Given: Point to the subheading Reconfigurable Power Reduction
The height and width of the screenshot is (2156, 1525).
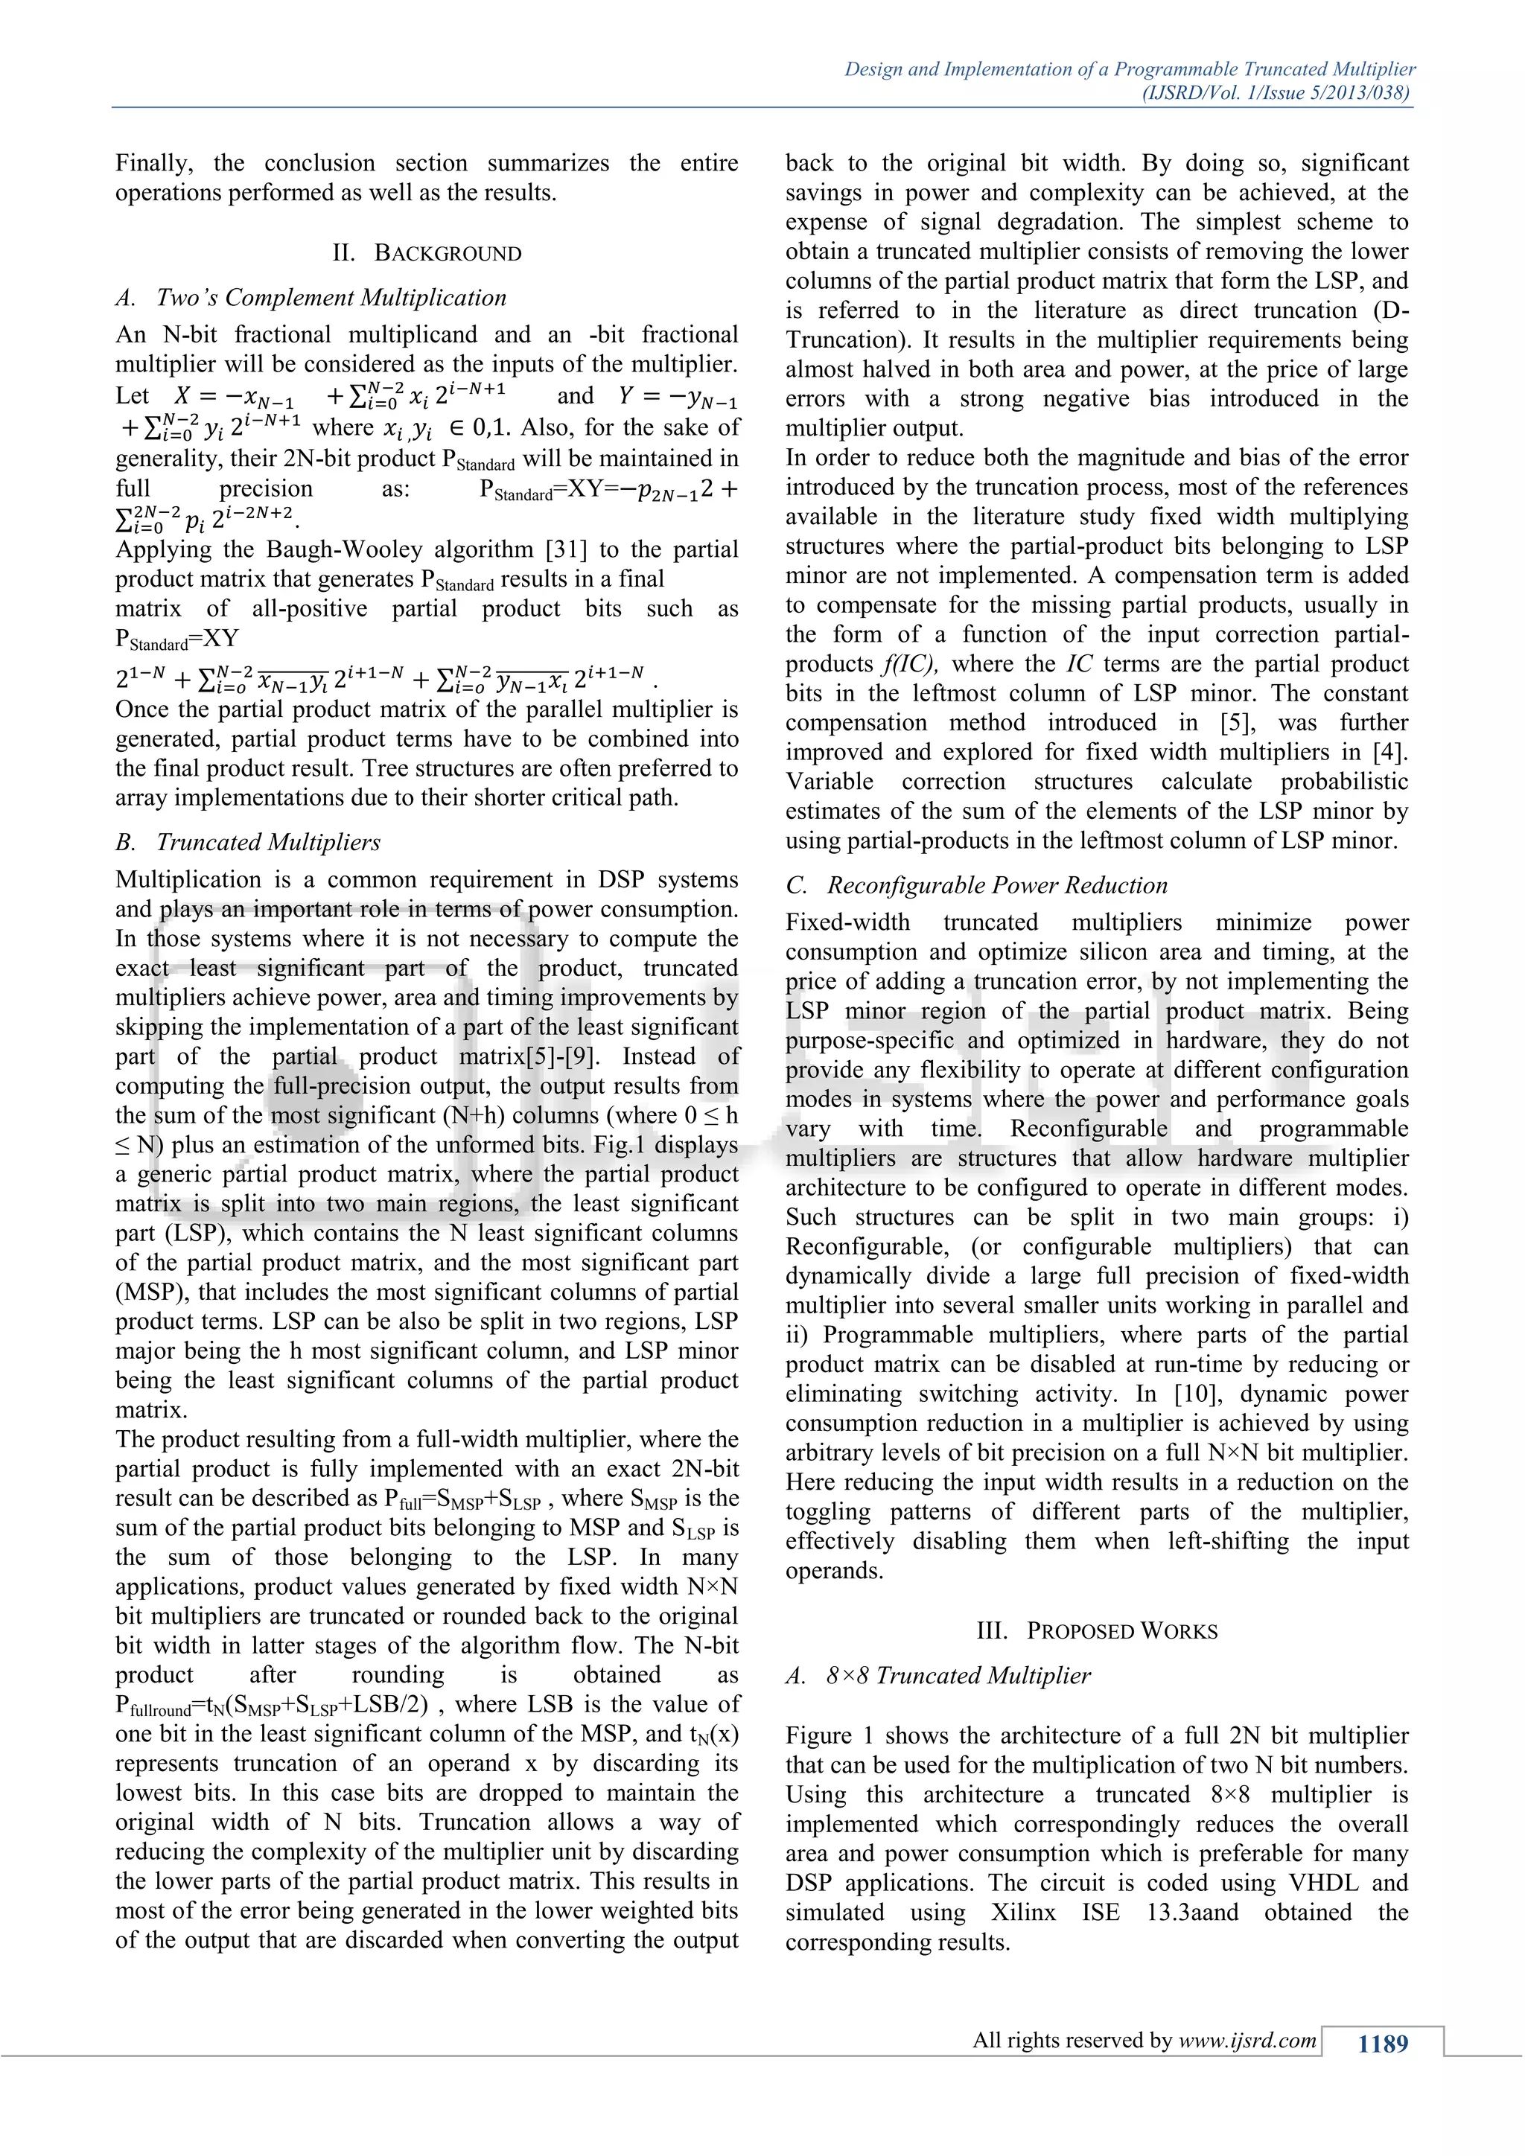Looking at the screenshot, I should (997, 885).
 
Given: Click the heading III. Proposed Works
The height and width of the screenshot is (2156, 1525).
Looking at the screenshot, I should (1097, 1630).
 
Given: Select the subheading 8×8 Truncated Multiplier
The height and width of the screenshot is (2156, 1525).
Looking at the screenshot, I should (958, 1675).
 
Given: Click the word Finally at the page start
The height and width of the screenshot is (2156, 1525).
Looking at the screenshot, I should (153, 163).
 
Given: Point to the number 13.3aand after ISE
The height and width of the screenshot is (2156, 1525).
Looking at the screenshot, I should (1191, 1912).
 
